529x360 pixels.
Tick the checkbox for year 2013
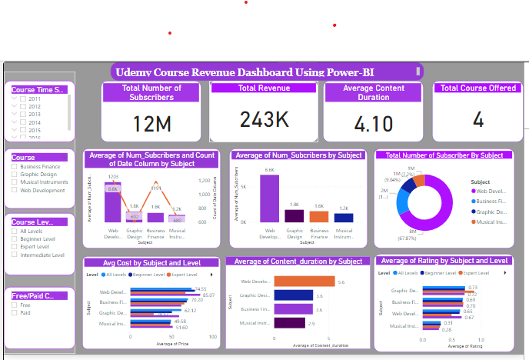[24, 115]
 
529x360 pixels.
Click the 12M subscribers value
[154, 123]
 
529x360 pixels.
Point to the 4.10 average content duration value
[374, 123]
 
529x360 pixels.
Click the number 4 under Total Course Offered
[477, 119]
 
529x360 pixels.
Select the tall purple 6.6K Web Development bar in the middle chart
[269, 198]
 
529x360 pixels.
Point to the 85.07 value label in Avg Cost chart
[208, 295]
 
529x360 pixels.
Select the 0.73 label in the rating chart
[472, 288]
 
